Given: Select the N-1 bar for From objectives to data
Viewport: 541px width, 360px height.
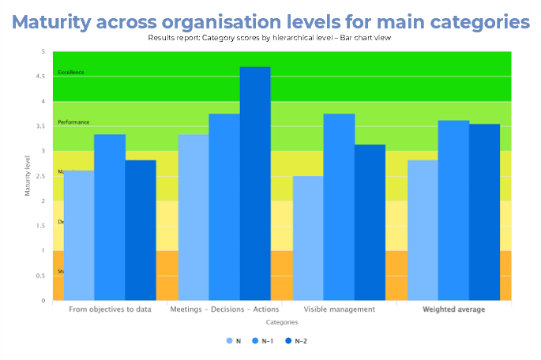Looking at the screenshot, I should tap(110, 217).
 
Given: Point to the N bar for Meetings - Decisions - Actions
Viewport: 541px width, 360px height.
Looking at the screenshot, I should tap(193, 217).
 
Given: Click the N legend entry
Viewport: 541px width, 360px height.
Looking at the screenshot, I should tap(234, 340).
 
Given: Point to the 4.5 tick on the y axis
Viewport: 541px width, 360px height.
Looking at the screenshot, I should tap(43, 77).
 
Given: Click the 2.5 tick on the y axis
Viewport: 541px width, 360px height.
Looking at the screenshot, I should tap(43, 176).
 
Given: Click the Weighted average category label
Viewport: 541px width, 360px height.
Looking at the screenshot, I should tap(453, 309).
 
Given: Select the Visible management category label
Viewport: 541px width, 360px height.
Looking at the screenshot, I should tap(340, 309).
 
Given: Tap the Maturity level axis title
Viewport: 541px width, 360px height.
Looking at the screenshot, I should tap(29, 175).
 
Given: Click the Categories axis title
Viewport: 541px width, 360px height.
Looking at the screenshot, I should tap(282, 322).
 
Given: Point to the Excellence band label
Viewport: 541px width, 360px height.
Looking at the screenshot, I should tap(71, 73).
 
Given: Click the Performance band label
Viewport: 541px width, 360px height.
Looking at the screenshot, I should tap(73, 122).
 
